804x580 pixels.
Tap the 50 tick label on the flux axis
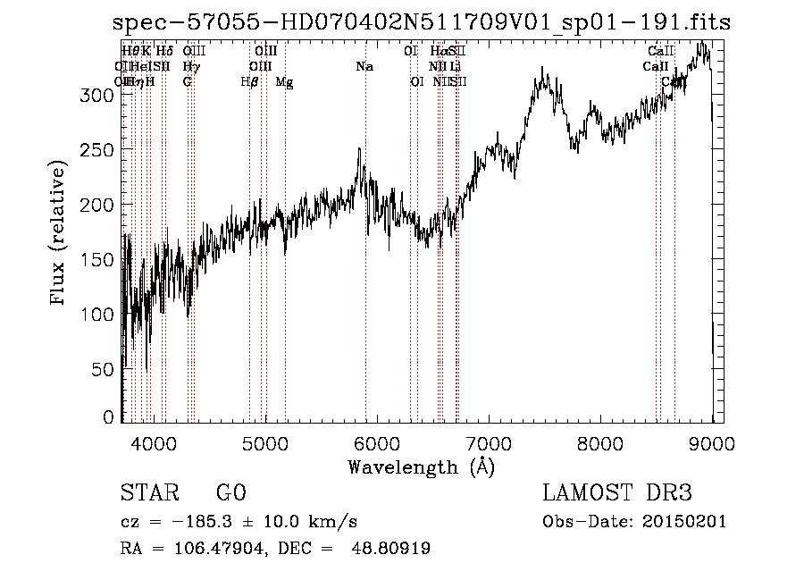[106, 368]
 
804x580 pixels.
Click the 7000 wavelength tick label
[489, 441]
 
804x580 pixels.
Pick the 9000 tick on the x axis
[712, 441]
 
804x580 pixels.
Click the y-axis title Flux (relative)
[59, 234]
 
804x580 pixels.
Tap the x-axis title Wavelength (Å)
[421, 467]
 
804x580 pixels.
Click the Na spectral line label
[364, 67]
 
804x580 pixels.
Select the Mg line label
[284, 82]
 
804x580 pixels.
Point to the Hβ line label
[249, 82]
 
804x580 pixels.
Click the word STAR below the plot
[149, 493]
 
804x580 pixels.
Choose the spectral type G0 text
[230, 493]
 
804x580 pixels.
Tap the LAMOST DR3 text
[617, 493]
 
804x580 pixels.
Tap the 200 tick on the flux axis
[105, 205]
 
